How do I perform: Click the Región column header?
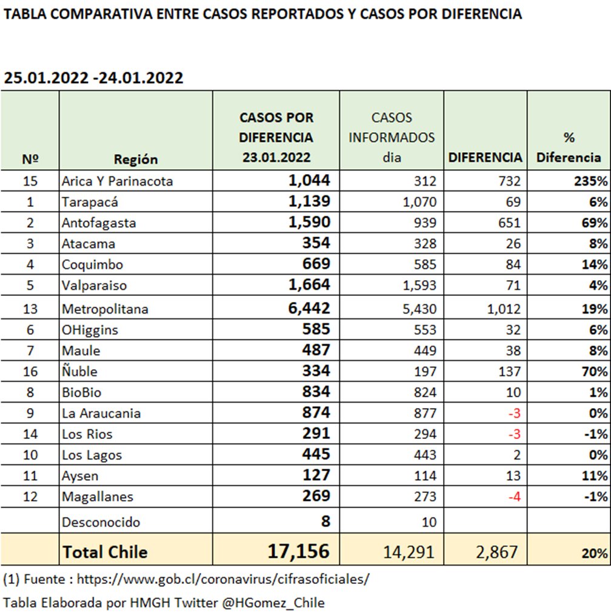pyautogui.click(x=135, y=159)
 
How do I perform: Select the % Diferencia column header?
pyautogui.click(x=569, y=147)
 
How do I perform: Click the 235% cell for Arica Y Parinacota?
pyautogui.click(x=592, y=181)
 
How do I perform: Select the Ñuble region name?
pyautogui.click(x=79, y=371)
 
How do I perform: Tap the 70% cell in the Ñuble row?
pyautogui.click(x=594, y=371)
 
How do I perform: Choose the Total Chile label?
pyautogui.click(x=104, y=552)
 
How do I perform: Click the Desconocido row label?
pyautogui.click(x=101, y=522)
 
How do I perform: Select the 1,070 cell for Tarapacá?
pyautogui.click(x=419, y=202)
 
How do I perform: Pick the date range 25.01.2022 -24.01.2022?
pyautogui.click(x=93, y=78)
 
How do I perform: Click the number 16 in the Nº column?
pyautogui.click(x=30, y=371)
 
